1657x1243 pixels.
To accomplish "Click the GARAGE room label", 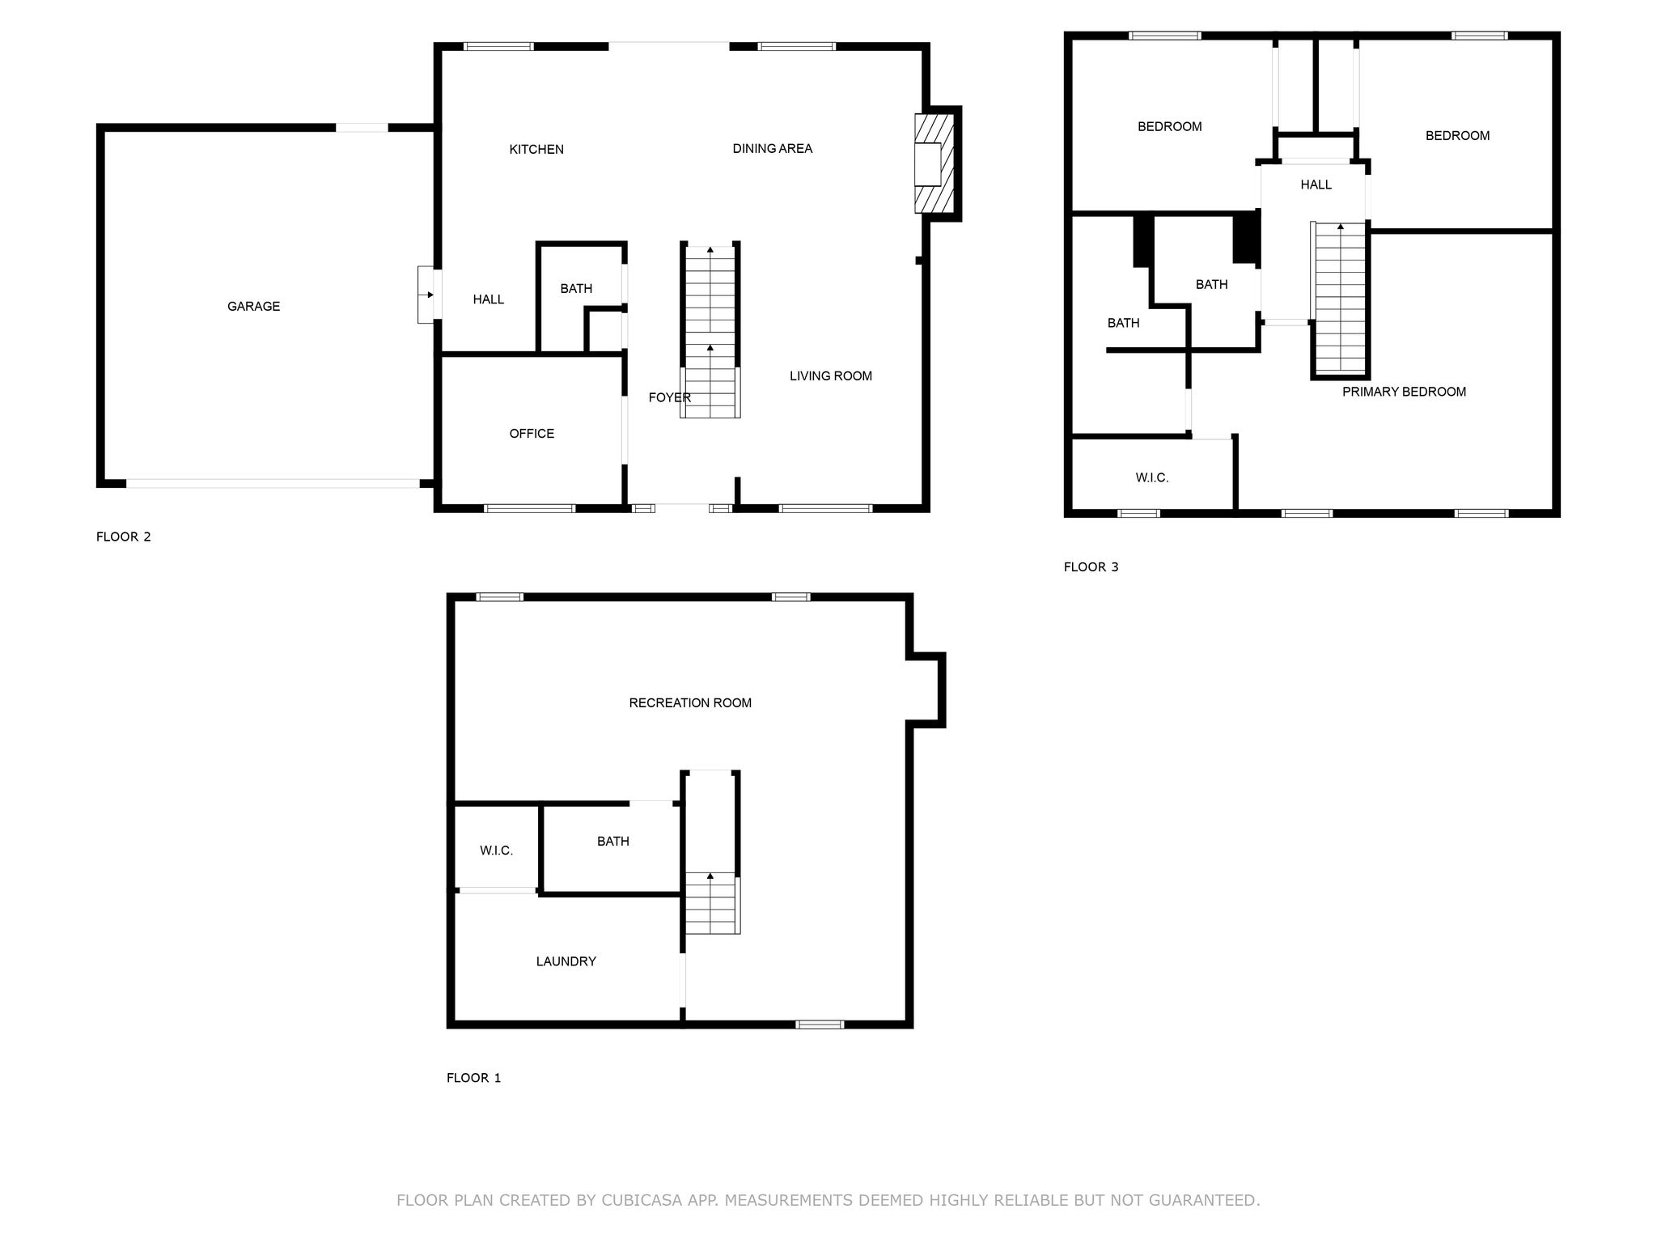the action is click(253, 306).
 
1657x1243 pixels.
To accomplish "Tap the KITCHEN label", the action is click(536, 149).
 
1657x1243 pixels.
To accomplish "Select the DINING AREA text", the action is click(773, 148).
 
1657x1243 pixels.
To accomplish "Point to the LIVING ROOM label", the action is click(831, 375).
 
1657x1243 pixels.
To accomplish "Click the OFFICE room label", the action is click(532, 434).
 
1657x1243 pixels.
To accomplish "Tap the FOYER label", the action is click(670, 397).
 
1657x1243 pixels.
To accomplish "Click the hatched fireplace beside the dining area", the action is click(934, 163).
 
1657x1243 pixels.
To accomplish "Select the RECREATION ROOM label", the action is click(690, 702).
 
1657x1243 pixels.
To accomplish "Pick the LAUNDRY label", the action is click(566, 961).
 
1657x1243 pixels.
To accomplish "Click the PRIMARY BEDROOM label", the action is click(1404, 392).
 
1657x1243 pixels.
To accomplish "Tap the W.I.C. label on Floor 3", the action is click(1152, 477).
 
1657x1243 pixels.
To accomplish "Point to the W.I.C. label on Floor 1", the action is click(496, 851).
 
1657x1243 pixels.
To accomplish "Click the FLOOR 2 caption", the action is click(124, 537).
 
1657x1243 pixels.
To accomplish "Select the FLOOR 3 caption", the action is click(1091, 566).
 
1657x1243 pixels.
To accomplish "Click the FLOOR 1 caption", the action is click(474, 1078).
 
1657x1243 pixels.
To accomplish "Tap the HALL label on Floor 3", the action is click(1316, 185).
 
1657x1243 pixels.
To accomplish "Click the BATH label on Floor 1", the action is click(613, 842).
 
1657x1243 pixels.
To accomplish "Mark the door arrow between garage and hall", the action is click(426, 295).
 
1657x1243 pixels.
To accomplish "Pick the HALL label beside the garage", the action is click(489, 299).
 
